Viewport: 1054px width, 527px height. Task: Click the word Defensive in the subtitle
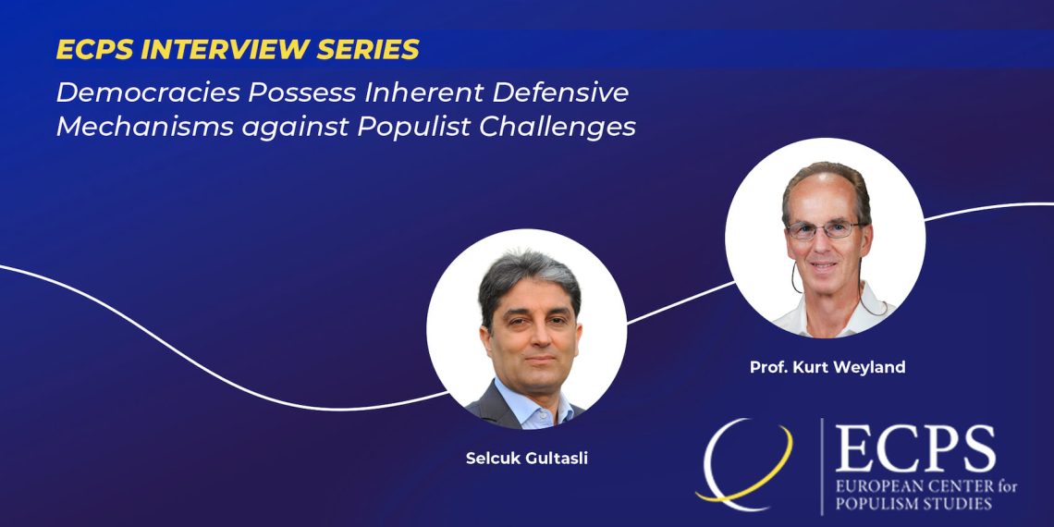[560, 92]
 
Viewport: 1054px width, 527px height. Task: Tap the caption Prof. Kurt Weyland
[827, 368]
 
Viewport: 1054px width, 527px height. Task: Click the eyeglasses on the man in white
[824, 230]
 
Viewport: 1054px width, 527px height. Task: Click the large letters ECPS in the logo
[915, 447]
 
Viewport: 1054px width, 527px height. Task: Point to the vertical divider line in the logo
[821, 467]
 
